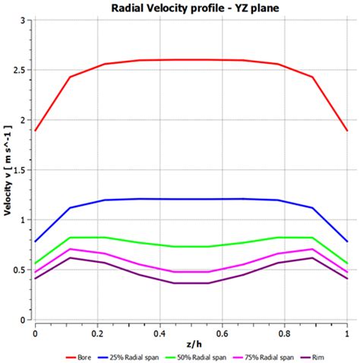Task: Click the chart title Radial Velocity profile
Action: tap(191, 8)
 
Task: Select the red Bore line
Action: tap(191, 60)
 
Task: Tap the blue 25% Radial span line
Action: tap(191, 199)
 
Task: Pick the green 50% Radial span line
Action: tap(191, 246)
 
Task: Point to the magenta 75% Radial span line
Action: tap(191, 271)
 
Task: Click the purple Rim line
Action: tap(191, 283)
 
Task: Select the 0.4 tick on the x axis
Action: tap(159, 333)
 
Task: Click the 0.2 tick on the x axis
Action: tap(97, 333)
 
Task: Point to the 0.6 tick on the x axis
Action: tap(222, 333)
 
